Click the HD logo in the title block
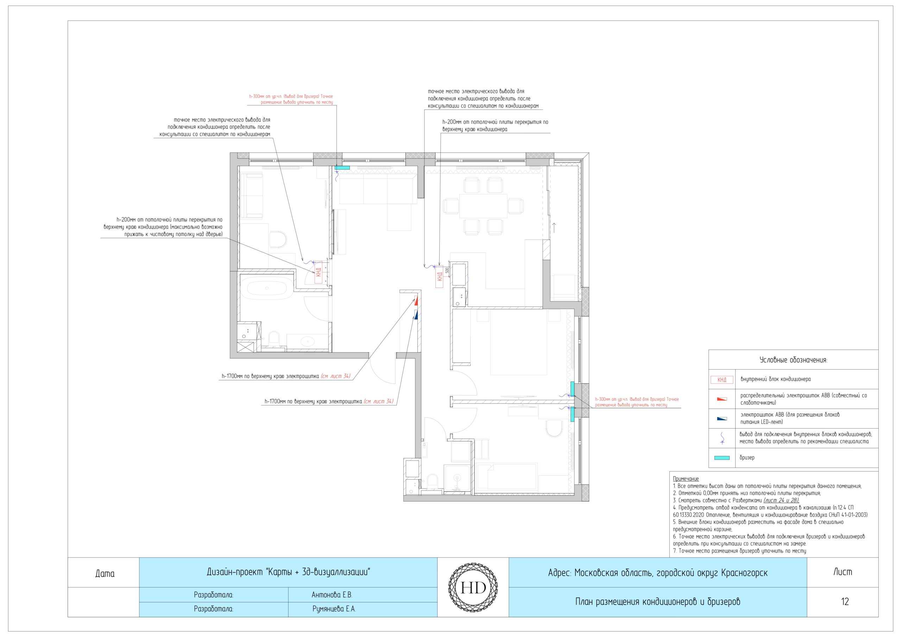(x=473, y=587)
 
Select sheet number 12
(x=845, y=602)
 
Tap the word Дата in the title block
(x=105, y=573)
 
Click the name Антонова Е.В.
(x=332, y=595)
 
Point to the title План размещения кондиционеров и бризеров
(x=658, y=602)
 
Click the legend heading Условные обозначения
(x=793, y=360)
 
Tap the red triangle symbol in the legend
(x=722, y=399)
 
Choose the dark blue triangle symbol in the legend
(x=722, y=419)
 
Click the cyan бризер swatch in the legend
(x=722, y=458)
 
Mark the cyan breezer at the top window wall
(x=342, y=168)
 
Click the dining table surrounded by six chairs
(x=484, y=206)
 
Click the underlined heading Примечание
(x=686, y=479)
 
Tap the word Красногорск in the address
(x=744, y=573)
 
